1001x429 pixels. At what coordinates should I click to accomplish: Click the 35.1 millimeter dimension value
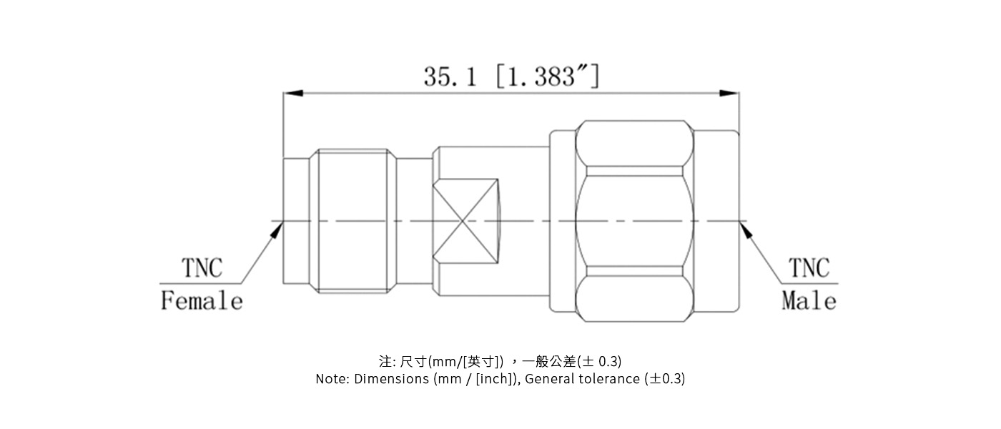click(450, 77)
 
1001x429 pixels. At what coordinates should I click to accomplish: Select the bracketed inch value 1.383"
click(548, 77)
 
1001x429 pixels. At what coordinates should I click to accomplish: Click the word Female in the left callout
click(202, 301)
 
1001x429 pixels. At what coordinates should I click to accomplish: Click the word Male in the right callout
click(809, 301)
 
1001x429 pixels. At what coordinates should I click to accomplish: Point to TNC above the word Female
click(202, 269)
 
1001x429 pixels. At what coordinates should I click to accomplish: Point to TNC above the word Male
click(809, 269)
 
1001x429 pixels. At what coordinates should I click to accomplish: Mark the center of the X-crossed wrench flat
click(465, 220)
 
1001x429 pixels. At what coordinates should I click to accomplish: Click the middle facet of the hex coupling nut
click(634, 222)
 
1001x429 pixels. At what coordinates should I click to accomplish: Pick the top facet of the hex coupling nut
click(634, 146)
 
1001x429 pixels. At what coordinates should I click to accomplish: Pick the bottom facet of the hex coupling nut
click(634, 297)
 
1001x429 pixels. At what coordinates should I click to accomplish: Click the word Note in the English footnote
click(332, 379)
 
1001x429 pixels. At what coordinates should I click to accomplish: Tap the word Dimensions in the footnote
click(392, 379)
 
